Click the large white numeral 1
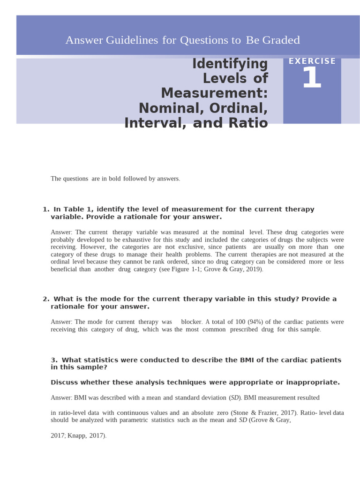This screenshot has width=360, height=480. [312, 78]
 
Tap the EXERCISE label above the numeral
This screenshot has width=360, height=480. [312, 61]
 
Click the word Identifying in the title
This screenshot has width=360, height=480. [230, 64]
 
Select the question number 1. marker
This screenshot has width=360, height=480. [46, 210]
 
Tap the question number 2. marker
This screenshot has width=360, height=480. [46, 299]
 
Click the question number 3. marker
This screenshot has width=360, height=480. [54, 360]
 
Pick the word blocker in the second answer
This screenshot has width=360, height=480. [191, 322]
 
